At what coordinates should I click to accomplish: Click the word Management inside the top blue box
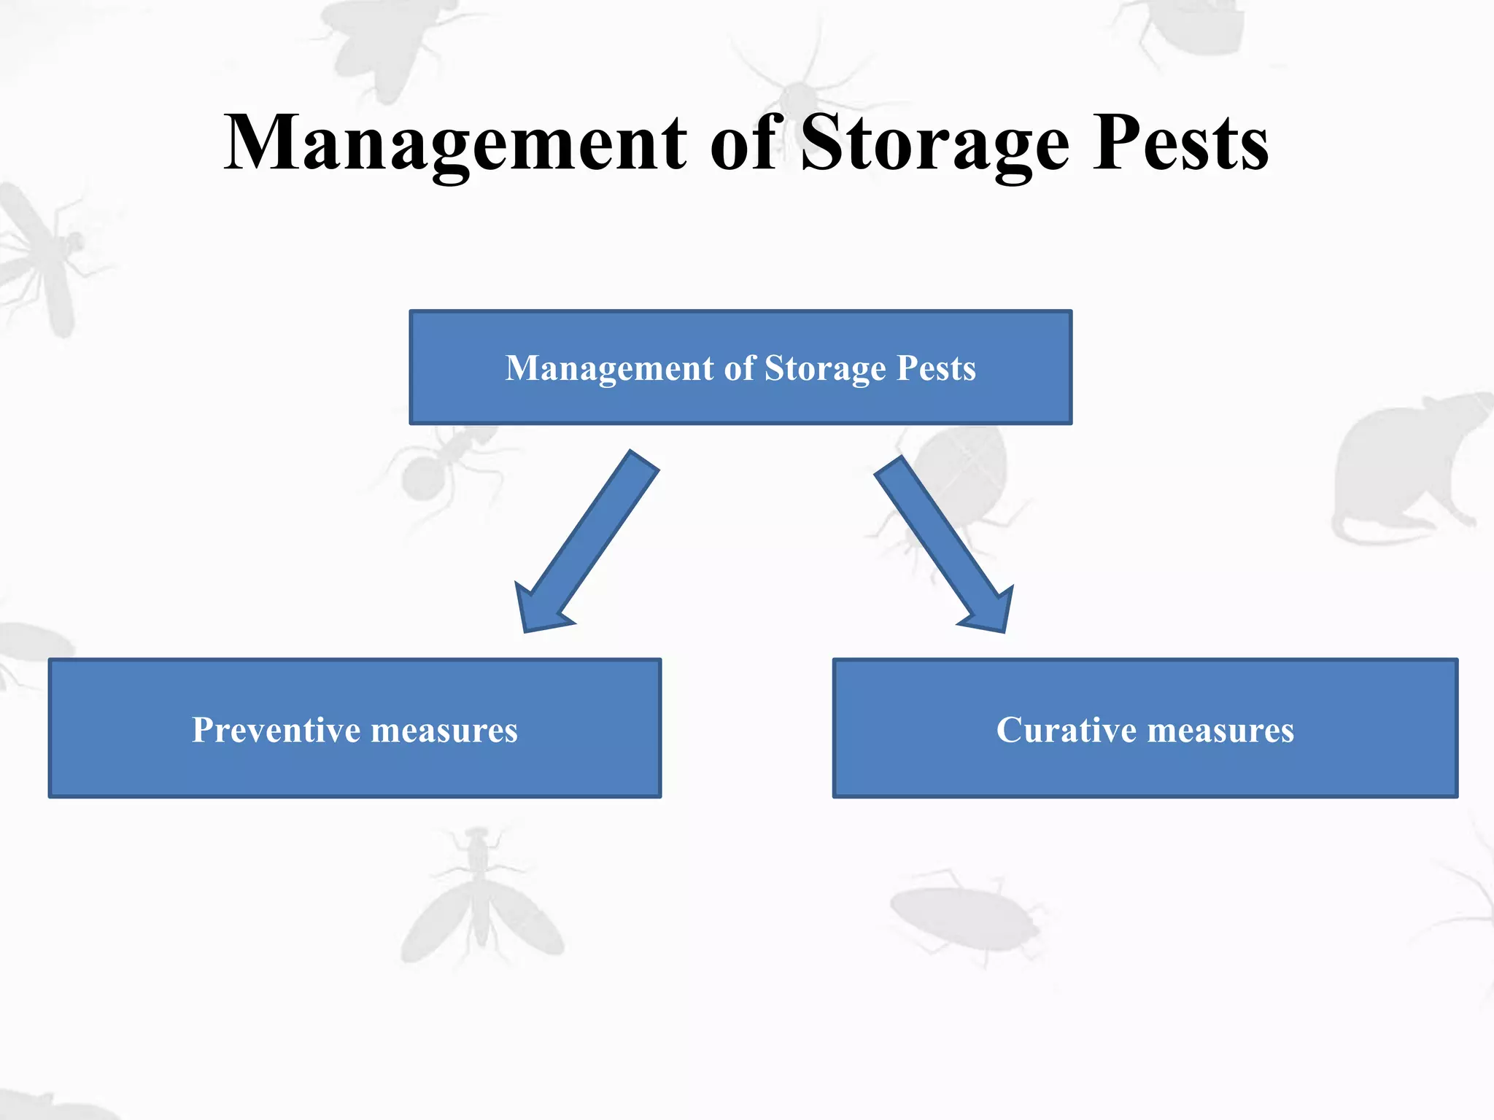(x=610, y=368)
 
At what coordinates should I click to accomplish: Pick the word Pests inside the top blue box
(x=936, y=368)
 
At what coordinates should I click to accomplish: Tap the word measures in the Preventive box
(x=444, y=730)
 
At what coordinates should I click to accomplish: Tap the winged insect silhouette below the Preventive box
(x=479, y=904)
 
